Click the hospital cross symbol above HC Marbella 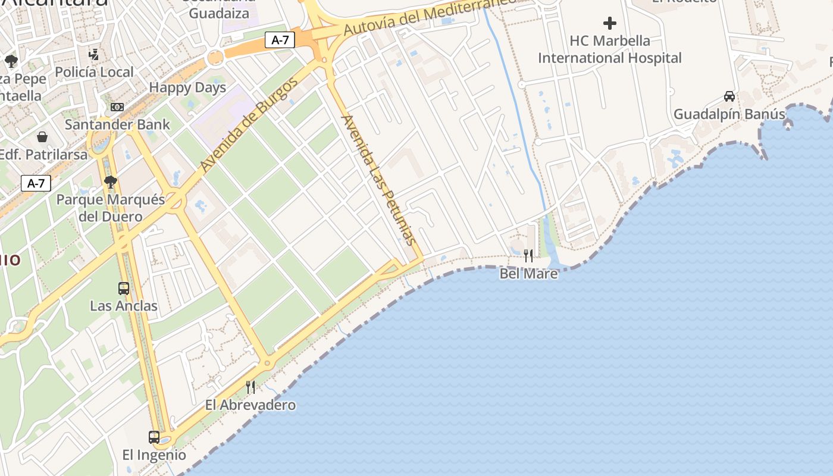click(610, 24)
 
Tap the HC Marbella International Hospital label click(610, 49)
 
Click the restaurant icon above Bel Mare click(528, 256)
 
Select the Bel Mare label click(528, 274)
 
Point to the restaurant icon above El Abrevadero click(250, 387)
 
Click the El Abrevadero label click(250, 405)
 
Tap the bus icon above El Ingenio click(154, 437)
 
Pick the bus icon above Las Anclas click(124, 289)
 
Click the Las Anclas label click(124, 306)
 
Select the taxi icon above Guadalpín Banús click(729, 96)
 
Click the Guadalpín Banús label click(729, 114)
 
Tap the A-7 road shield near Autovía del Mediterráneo click(280, 40)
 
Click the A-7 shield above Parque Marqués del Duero click(36, 183)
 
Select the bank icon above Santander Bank click(117, 107)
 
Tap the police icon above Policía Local click(94, 55)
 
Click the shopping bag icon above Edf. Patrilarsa click(42, 137)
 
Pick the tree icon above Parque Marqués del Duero click(110, 182)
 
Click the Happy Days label click(187, 88)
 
